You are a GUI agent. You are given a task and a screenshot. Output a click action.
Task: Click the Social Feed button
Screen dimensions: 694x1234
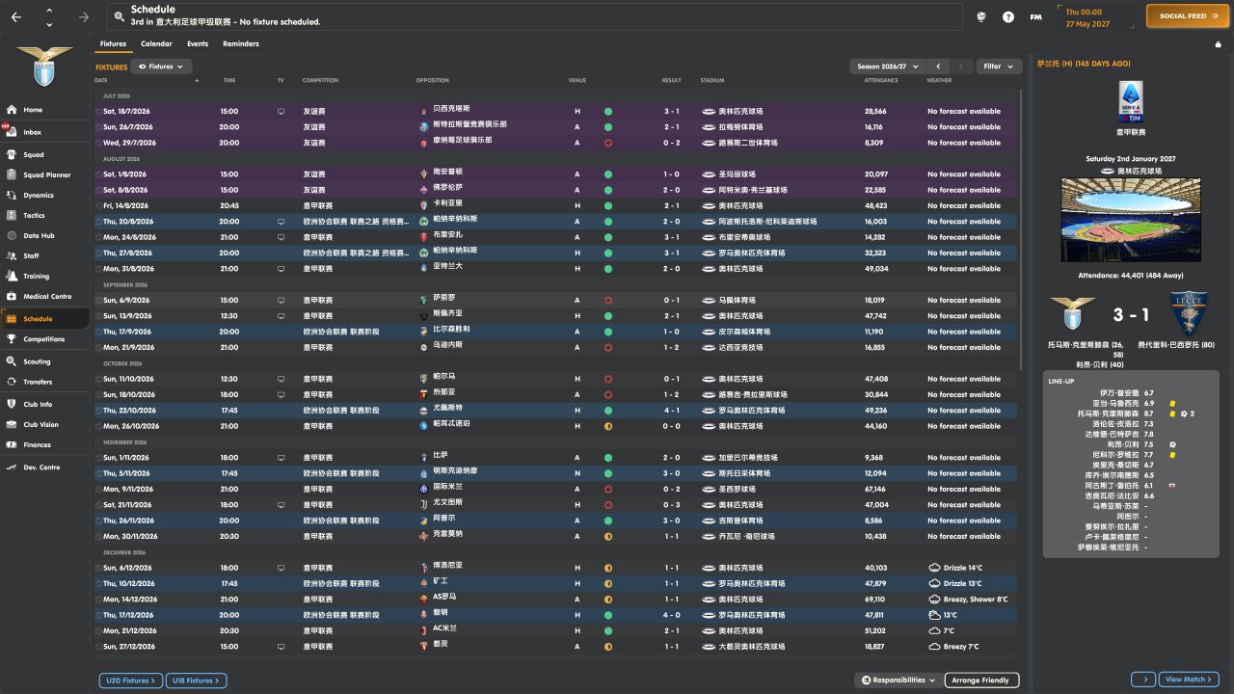coord(1188,16)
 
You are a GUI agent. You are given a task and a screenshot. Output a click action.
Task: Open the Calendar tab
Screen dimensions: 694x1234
coord(156,43)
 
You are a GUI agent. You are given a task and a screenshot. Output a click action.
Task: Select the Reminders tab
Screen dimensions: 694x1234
coord(240,43)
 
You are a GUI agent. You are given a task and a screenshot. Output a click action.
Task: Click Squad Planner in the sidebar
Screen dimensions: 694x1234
coord(46,174)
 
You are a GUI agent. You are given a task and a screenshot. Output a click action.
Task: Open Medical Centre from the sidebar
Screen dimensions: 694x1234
coord(47,296)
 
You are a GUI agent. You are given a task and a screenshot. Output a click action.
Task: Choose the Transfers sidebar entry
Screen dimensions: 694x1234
coord(38,382)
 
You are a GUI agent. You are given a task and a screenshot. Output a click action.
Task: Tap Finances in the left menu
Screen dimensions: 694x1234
coord(37,444)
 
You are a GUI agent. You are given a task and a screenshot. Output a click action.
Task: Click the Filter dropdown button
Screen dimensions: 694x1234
coord(999,67)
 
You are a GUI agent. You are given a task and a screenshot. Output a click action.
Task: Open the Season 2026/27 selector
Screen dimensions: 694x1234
coord(886,67)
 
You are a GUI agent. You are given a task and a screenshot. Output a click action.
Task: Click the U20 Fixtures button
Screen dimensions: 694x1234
coord(129,681)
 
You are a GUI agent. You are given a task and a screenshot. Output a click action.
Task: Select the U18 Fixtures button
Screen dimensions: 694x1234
coord(196,681)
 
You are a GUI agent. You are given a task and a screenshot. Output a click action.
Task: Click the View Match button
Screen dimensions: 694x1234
coord(1189,680)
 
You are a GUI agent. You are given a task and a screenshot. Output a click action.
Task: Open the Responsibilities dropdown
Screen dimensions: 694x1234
coord(898,681)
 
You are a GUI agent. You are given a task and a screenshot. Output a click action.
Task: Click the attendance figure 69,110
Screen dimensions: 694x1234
coord(874,599)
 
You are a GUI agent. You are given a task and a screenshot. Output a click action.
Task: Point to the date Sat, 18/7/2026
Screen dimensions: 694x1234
coord(126,111)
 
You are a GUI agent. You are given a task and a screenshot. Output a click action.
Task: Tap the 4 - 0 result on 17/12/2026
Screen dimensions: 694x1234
coord(671,615)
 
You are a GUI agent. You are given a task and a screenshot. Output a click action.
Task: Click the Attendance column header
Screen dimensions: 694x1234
coord(881,80)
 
